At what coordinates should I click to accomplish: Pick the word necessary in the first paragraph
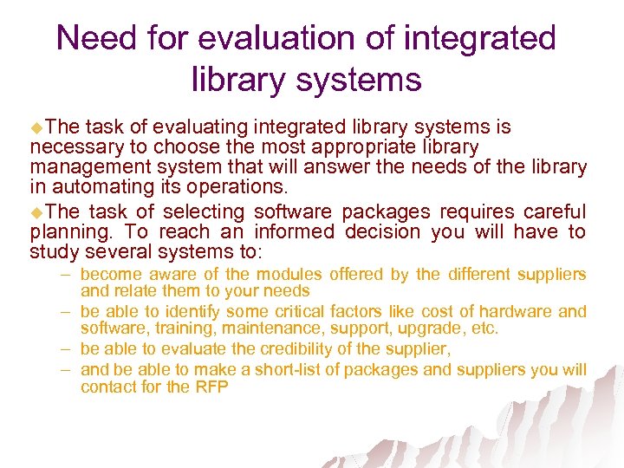pyautogui.click(x=73, y=147)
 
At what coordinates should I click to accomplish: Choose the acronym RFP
pyautogui.click(x=211, y=387)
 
